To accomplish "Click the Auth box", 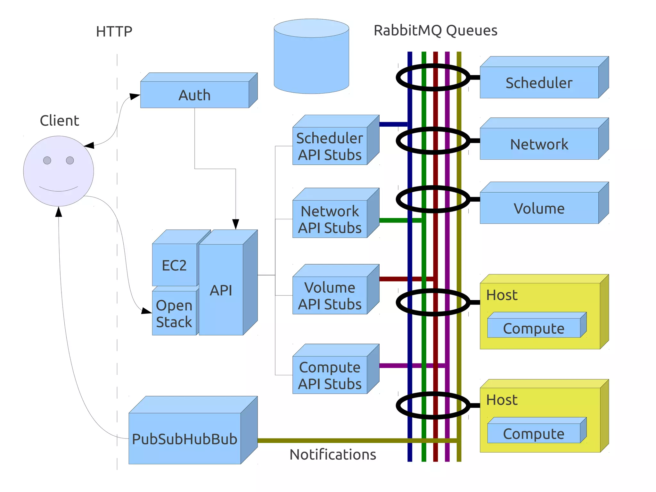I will (x=194, y=95).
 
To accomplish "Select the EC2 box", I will (x=174, y=265).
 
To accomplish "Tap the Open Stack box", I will (x=174, y=313).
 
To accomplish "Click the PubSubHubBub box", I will (x=184, y=438).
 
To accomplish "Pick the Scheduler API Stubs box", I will (x=330, y=146).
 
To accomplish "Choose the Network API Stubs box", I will (x=330, y=219).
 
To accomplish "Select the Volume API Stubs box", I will (x=330, y=295).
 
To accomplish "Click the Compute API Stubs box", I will (x=330, y=375).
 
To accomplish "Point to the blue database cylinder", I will (x=311, y=61).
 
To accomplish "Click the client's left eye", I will (x=47, y=160).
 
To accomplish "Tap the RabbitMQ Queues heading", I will (x=435, y=30).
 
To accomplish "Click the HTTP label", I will (x=114, y=31).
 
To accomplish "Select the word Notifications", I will (x=332, y=454).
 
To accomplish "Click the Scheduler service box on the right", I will (x=539, y=82).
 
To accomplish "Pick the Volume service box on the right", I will (x=539, y=208).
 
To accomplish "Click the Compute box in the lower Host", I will (x=534, y=433).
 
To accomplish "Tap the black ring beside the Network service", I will (x=399, y=141).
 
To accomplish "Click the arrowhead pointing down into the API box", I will (x=236, y=224).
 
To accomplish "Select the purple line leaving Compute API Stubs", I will (x=394, y=366).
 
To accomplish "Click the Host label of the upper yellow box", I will (x=502, y=295).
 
